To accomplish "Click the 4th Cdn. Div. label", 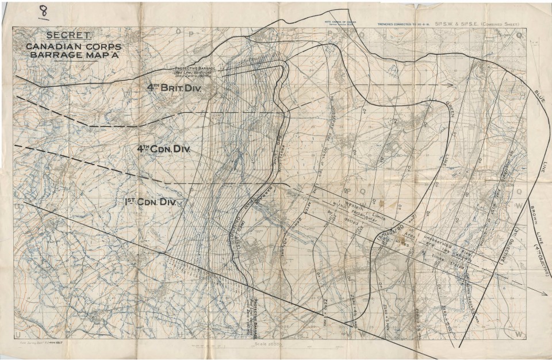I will [x=164, y=149].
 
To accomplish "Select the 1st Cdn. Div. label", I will [x=150, y=202].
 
